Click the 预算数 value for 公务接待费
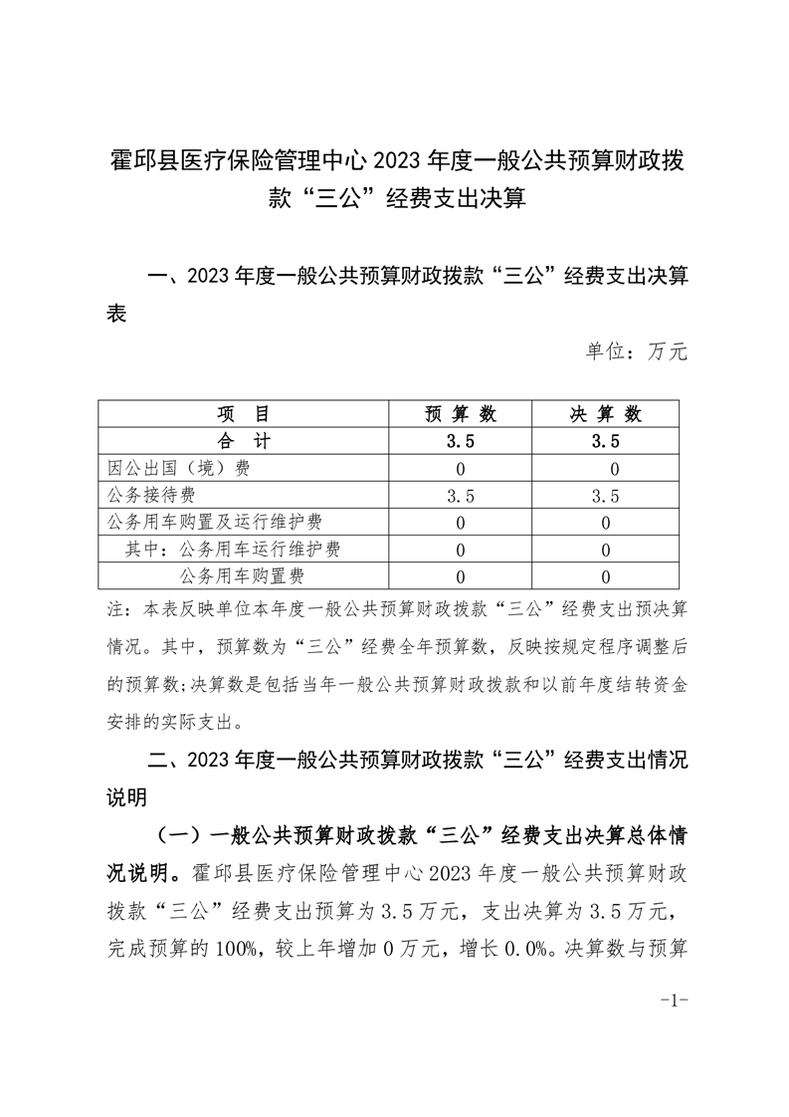(x=461, y=496)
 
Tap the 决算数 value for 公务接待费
(x=606, y=496)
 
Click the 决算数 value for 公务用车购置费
(x=606, y=576)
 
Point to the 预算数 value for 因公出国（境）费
(x=461, y=469)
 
